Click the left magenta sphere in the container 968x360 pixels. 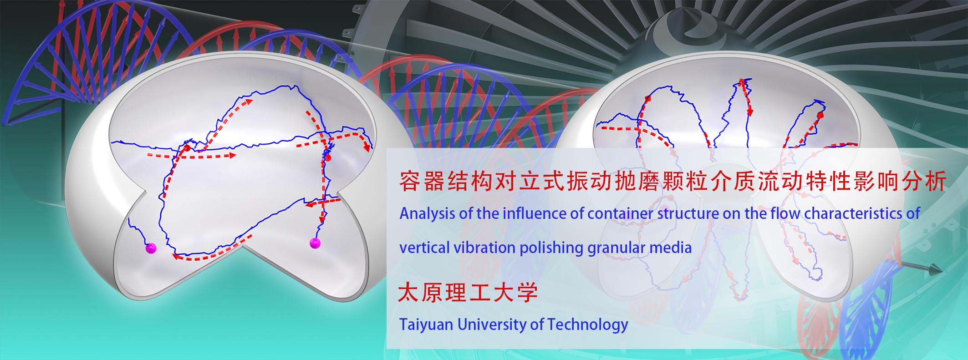pos(150,248)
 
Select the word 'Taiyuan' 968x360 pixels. pos(426,325)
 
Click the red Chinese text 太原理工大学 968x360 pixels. pos(468,293)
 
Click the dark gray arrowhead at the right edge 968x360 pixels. pos(935,271)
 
